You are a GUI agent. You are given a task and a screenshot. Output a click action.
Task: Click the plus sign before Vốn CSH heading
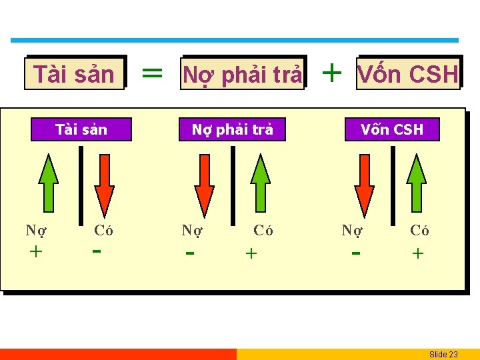point(331,71)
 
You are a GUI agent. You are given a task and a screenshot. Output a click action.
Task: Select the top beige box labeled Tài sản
point(74,73)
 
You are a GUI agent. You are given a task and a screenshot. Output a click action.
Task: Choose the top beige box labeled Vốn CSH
point(408,73)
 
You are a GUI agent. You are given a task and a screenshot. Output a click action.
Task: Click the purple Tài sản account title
point(81,129)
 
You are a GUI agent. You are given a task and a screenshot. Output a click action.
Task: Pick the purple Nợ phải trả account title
point(232,129)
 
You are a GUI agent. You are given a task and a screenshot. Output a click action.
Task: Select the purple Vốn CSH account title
point(392,129)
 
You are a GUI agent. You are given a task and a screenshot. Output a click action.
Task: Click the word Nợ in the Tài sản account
point(36,231)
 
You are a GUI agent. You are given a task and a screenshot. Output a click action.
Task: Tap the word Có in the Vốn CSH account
point(419,231)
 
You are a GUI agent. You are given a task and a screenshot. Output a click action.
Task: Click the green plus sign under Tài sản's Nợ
point(36,252)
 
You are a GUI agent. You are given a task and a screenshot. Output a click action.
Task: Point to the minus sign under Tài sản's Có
point(97,251)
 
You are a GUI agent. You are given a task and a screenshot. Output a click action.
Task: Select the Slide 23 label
point(443,354)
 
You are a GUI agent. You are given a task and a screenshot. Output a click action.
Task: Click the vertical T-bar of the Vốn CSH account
point(393,185)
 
